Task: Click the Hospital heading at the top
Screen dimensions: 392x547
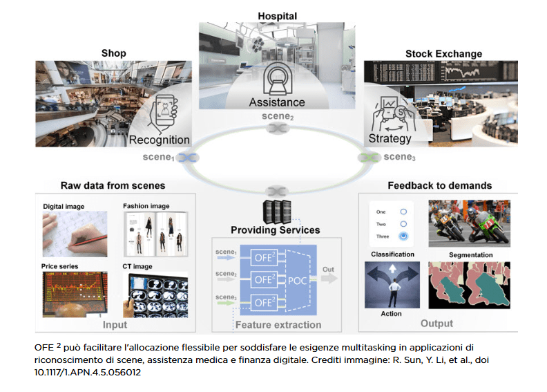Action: pyautogui.click(x=277, y=15)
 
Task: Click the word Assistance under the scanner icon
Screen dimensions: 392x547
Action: pyautogui.click(x=277, y=102)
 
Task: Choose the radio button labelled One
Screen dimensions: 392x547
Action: pyautogui.click(x=404, y=211)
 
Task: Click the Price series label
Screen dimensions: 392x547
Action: pyautogui.click(x=61, y=266)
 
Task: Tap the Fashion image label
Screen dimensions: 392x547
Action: pyautogui.click(x=146, y=206)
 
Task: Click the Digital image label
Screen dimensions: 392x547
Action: pyautogui.click(x=64, y=206)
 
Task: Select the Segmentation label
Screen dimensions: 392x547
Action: pyautogui.click(x=471, y=255)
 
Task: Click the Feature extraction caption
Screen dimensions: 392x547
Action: pyautogui.click(x=278, y=324)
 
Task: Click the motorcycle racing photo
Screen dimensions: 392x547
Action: pyautogui.click(x=470, y=223)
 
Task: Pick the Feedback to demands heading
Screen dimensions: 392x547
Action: pyautogui.click(x=439, y=185)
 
